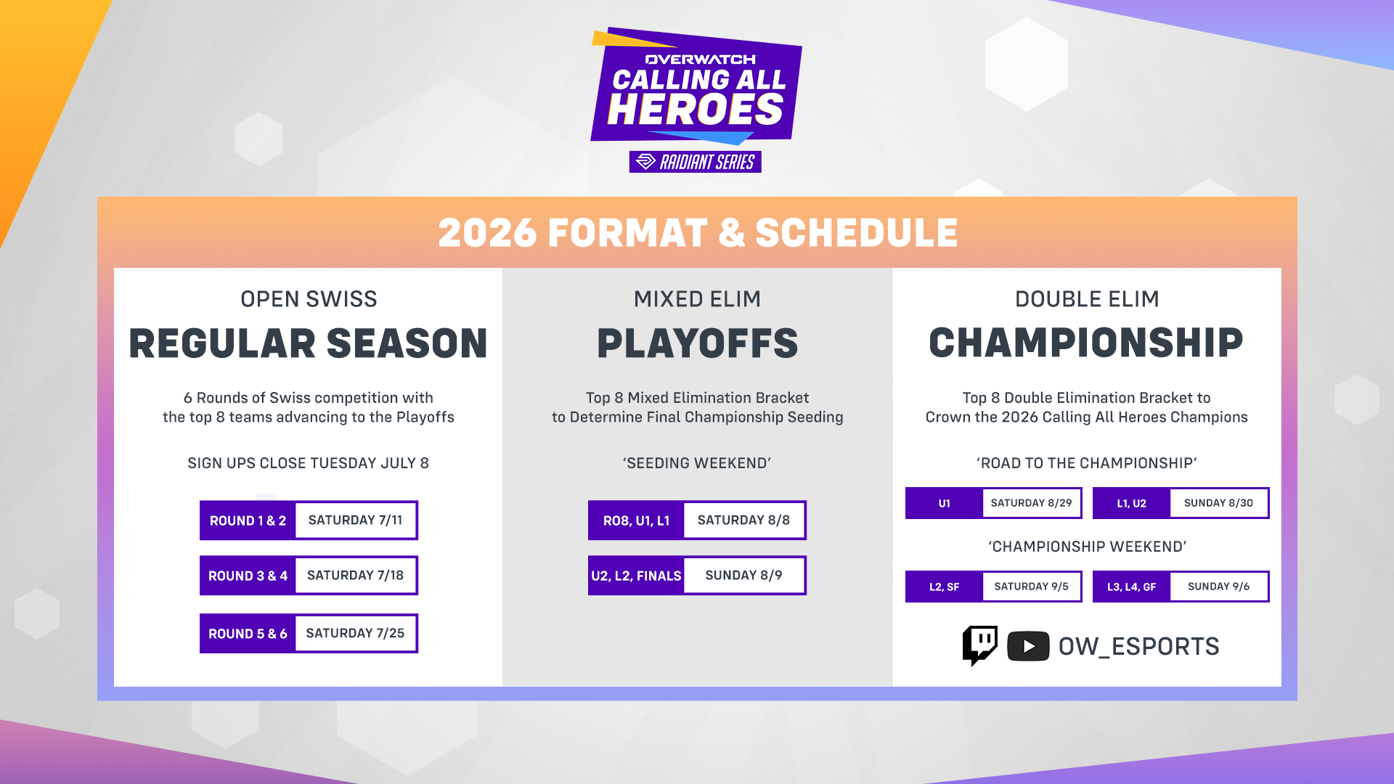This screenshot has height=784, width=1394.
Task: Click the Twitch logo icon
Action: coord(979,645)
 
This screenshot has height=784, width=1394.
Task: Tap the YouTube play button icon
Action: coord(1028,646)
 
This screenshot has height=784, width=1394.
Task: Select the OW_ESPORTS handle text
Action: coord(1138,646)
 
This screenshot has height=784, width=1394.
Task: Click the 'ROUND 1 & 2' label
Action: coord(248,520)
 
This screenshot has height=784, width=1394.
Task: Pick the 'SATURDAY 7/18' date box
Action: coord(356,576)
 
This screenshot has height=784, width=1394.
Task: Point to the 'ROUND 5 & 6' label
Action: coord(248,634)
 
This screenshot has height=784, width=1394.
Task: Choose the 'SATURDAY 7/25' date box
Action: coord(356,634)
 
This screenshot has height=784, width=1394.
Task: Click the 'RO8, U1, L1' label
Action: coord(636,520)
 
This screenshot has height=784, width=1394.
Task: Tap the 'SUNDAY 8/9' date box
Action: coord(744,576)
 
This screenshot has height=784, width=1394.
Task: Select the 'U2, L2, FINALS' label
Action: coord(636,576)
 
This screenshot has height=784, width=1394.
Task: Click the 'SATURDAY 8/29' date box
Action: coord(1032,503)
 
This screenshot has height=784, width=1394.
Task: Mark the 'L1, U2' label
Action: coord(1131,503)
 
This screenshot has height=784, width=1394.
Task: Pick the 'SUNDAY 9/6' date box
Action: coord(1219,587)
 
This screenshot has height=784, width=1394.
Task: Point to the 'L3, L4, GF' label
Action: coord(1131,587)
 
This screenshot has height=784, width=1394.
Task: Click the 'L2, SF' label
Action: coord(944,587)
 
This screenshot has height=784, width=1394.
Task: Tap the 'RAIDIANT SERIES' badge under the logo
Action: coord(696,162)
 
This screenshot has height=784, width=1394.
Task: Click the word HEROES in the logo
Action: coord(696,110)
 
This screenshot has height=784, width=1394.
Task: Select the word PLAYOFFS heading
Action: coord(697,343)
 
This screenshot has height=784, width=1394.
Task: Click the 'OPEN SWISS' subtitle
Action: coord(309,299)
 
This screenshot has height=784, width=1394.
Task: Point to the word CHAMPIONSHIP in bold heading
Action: coord(1086,343)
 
